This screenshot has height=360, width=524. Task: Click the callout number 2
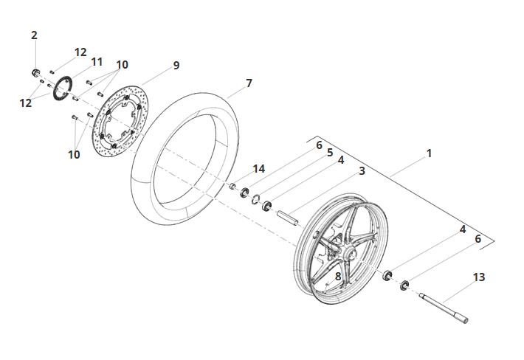tap(34, 35)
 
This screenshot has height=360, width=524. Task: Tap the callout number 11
tap(97, 62)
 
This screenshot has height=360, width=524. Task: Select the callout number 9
tap(176, 66)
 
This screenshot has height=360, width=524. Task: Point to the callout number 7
tap(249, 83)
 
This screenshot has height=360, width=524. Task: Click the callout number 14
tap(258, 169)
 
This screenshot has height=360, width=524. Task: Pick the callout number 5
tap(330, 153)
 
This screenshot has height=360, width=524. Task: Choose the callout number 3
tap(362, 171)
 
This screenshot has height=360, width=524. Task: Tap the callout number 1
tap(429, 153)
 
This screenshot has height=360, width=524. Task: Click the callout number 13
tap(478, 277)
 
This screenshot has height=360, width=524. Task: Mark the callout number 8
tap(338, 277)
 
